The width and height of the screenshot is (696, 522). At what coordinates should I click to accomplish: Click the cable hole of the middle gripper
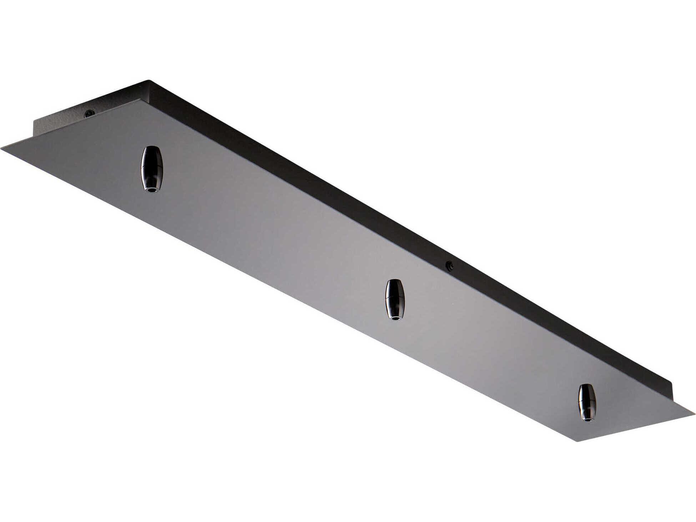tap(394, 318)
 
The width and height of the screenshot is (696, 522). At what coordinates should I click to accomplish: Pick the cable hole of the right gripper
tap(587, 420)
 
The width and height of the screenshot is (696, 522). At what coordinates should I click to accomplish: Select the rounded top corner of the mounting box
tap(149, 81)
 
